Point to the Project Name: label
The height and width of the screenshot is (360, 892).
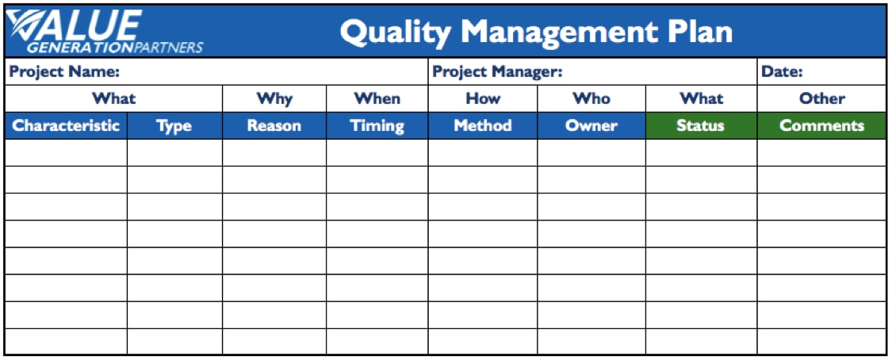pyautogui.click(x=64, y=72)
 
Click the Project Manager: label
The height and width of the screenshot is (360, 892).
pyautogui.click(x=497, y=72)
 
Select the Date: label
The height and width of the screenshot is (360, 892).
pyautogui.click(x=783, y=72)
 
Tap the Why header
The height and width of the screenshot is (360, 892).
pyautogui.click(x=274, y=99)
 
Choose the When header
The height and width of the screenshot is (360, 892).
pyautogui.click(x=377, y=99)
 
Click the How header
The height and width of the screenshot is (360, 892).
pyautogui.click(x=483, y=99)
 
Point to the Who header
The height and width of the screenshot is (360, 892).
pyautogui.click(x=591, y=99)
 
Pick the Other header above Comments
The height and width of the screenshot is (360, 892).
pyautogui.click(x=822, y=99)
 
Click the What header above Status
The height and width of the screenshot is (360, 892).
pyautogui.click(x=702, y=99)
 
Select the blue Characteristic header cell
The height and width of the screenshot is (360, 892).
pyautogui.click(x=66, y=125)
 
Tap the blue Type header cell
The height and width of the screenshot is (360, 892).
pyautogui.click(x=174, y=126)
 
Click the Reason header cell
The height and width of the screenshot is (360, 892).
pyautogui.click(x=274, y=126)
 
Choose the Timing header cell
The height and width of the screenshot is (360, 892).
pyautogui.click(x=377, y=126)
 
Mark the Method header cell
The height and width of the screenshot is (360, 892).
pyautogui.click(x=483, y=126)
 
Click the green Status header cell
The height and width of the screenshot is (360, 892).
pyautogui.click(x=702, y=126)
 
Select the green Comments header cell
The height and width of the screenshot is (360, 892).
pyautogui.click(x=821, y=126)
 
